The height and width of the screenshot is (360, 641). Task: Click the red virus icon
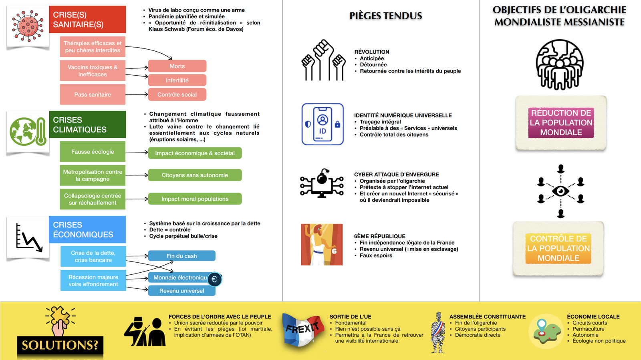(28, 26)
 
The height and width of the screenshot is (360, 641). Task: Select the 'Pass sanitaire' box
(93, 95)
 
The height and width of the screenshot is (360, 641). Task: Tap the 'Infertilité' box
(177, 80)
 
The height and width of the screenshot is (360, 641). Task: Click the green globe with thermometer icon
(28, 131)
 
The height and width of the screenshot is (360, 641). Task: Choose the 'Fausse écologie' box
(93, 151)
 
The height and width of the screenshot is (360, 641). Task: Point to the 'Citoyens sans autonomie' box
(195, 175)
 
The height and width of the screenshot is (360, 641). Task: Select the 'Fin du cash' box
(182, 256)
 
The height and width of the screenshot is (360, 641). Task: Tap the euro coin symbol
(214, 280)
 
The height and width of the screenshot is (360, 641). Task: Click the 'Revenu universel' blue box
(182, 291)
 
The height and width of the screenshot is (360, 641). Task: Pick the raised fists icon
(323, 60)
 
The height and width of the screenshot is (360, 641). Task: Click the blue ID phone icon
(323, 124)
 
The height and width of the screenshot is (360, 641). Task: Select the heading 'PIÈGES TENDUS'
(386, 16)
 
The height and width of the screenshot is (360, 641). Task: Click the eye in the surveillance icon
(560, 191)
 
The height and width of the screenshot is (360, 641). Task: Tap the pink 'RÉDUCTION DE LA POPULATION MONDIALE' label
(561, 123)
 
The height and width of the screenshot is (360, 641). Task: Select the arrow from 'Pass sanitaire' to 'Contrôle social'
(137, 95)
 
